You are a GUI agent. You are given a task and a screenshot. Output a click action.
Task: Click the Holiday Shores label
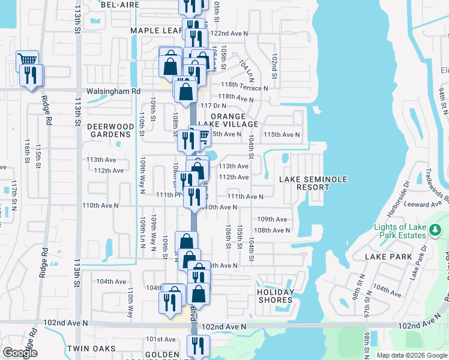(276, 296)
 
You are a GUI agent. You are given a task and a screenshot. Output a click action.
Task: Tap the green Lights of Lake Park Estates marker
(436, 230)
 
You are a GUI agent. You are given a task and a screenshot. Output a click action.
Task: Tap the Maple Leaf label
(155, 31)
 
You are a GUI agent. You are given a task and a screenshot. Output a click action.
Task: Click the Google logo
(19, 353)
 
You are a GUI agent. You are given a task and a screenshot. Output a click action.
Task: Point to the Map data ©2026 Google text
(412, 355)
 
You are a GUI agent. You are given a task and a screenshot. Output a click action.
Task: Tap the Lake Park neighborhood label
(388, 257)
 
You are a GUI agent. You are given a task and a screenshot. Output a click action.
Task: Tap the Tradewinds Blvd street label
(436, 181)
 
